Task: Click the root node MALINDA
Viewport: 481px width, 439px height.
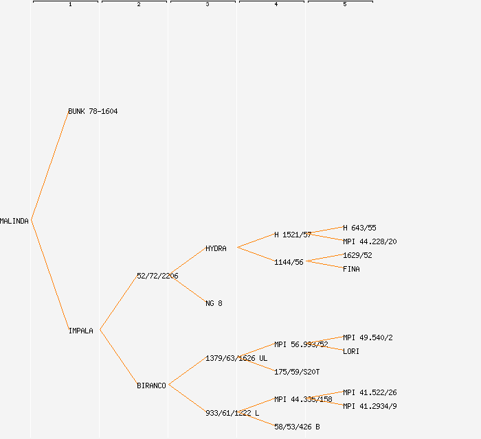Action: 14,221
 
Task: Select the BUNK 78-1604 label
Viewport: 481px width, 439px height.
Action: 93,111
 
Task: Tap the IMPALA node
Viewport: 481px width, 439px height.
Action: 80,331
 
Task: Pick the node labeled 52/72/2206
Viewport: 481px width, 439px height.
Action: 157,276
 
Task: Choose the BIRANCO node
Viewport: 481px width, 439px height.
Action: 151,385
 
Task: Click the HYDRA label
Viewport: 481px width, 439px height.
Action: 216,248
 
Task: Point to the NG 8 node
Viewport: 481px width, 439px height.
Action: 214,303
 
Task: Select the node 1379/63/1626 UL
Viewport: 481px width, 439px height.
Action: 236,358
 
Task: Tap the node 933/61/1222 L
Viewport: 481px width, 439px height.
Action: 232,413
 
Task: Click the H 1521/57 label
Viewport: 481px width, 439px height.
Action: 293,235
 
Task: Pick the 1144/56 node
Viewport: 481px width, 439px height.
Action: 289,262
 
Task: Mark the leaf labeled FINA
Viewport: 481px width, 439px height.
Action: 351,269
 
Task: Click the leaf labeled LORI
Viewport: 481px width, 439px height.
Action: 351,351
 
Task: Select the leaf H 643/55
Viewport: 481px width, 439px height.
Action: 359,228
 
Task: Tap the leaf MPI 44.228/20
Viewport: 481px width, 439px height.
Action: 370,241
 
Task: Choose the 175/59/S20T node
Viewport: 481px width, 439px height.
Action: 297,372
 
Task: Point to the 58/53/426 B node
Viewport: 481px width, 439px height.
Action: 297,427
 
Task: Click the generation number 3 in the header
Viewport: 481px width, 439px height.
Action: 208,5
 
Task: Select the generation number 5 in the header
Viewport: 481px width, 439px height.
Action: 345,5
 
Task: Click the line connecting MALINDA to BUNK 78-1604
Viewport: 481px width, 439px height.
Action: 49,166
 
